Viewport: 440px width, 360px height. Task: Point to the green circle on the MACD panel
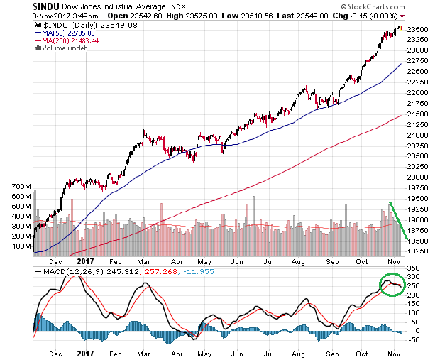390,287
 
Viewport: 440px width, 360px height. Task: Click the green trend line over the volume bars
397,221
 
